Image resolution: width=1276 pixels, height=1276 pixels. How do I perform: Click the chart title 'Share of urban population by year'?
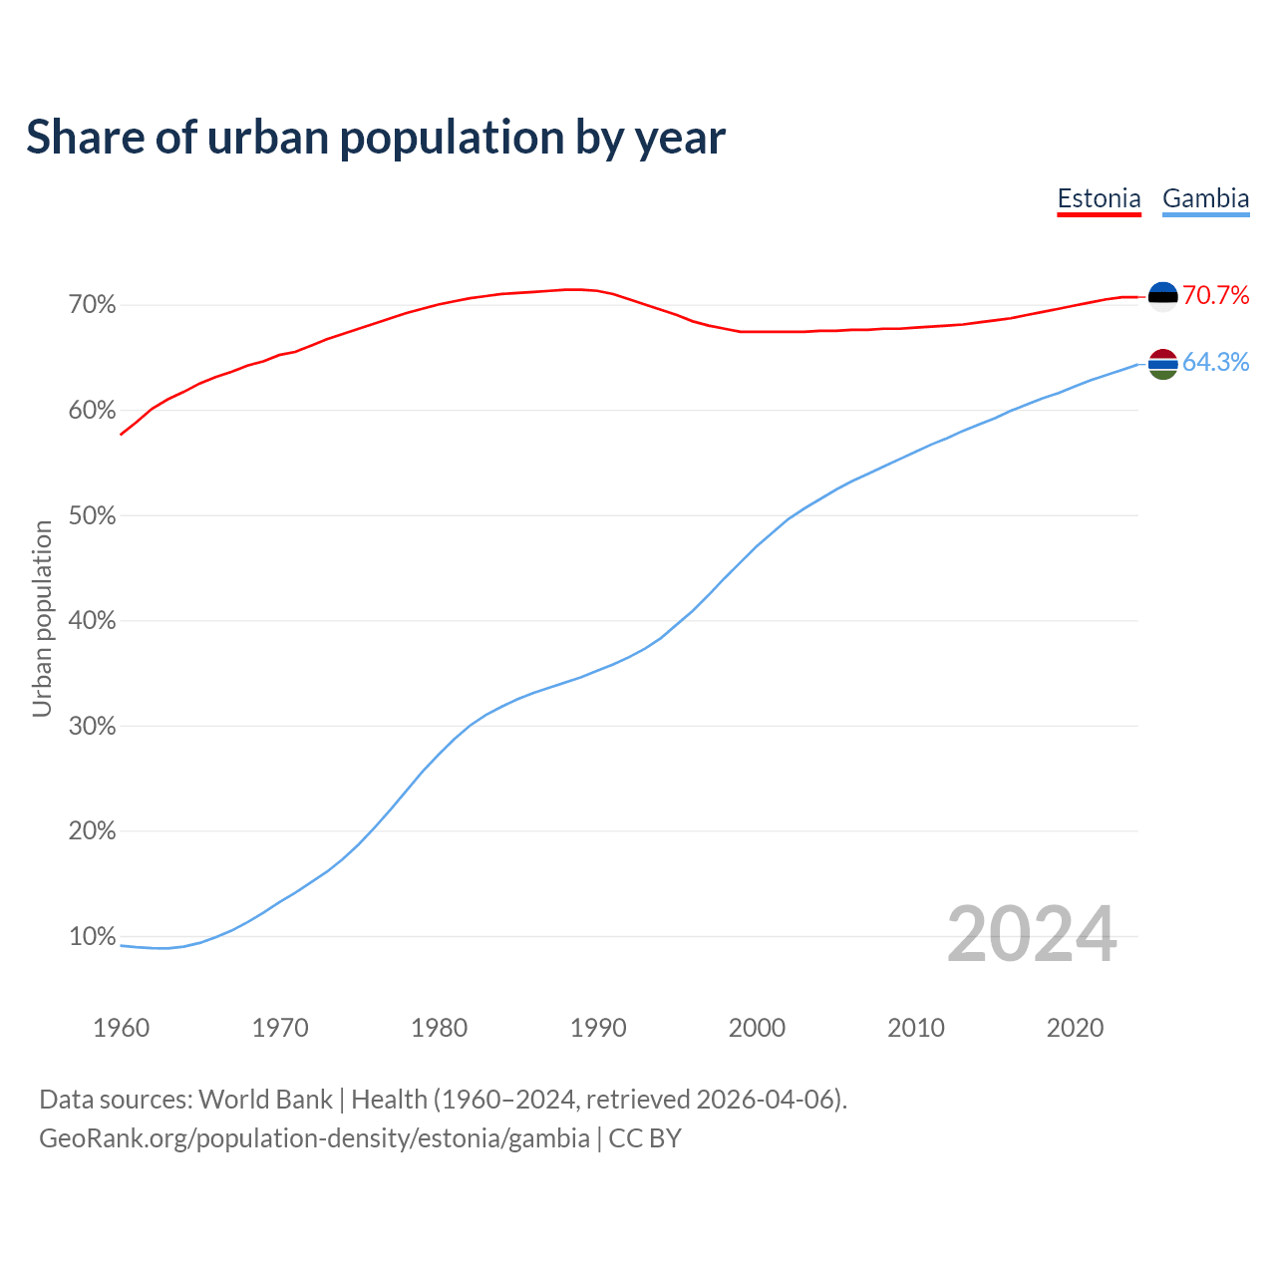click(376, 138)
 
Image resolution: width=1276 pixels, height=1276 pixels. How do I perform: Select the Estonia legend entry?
click(1099, 198)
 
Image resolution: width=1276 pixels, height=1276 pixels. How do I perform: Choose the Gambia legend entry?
click(1205, 198)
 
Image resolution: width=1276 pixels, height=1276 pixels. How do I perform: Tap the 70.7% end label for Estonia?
click(1215, 295)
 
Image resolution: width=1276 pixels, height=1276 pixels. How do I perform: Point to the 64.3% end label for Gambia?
click(1215, 362)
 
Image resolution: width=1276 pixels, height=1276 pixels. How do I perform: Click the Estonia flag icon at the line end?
click(1163, 296)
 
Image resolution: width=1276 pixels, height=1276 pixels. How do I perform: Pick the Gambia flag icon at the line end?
click(1163, 364)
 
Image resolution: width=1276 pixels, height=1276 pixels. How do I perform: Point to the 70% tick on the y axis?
click(93, 305)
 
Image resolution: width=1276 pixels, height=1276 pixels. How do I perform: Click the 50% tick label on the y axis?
click(93, 516)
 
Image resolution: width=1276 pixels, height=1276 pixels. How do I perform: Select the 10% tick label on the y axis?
click(93, 937)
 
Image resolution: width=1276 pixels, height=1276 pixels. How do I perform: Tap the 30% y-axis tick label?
click(93, 727)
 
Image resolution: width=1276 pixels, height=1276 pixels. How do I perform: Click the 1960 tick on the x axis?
click(122, 1028)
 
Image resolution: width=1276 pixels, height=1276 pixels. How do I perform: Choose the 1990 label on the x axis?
click(598, 1028)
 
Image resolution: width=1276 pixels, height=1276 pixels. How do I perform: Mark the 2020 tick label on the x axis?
click(1075, 1028)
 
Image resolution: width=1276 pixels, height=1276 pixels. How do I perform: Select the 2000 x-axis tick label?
click(757, 1028)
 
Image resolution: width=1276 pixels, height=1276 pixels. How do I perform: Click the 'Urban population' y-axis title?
click(42, 618)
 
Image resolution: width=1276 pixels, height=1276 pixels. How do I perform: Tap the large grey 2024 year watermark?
click(1032, 934)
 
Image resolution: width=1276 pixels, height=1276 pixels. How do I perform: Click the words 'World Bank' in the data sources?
click(265, 1100)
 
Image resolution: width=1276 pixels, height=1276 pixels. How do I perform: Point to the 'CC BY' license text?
click(645, 1138)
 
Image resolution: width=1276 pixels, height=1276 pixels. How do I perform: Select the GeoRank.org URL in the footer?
click(314, 1138)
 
